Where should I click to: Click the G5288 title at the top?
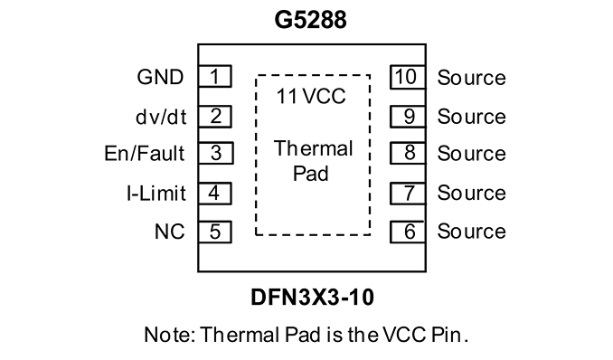310,20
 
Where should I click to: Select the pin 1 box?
214,76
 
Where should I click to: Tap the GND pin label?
160,77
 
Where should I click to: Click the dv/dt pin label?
161,117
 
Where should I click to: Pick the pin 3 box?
215,153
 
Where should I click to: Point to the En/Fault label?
145,153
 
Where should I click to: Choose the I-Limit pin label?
156,194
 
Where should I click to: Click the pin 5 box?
214,232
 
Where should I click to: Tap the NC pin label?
170,232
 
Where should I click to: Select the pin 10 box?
408,77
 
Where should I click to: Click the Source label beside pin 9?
471,117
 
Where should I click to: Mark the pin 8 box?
408,153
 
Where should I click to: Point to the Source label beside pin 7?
471,193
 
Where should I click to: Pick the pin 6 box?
408,232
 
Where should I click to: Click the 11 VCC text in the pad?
311,96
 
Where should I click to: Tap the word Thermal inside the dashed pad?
313,148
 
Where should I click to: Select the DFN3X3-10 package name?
312,297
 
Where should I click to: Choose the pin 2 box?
214,116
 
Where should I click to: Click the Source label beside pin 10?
471,78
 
